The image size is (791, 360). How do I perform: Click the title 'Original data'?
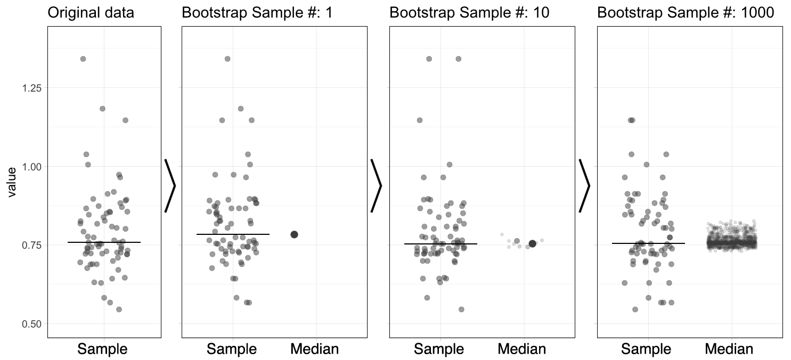pos(91,13)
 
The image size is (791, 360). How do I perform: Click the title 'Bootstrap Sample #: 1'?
pos(257,13)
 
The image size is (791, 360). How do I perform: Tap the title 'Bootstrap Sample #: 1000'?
pos(686,13)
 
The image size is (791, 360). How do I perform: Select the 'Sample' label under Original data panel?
pos(102,349)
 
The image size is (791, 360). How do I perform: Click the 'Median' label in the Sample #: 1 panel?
pos(314,349)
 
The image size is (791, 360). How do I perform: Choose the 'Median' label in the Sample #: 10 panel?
pos(522,349)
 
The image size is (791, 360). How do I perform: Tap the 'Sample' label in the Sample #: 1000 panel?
pos(646,349)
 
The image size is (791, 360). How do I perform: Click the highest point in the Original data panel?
pos(83,59)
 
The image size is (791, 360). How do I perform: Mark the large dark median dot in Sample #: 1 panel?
pos(294,234)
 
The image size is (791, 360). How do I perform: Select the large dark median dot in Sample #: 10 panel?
pos(532,243)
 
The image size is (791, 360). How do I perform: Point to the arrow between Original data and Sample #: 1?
pos(170,185)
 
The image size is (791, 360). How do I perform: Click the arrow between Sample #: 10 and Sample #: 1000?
pos(584,185)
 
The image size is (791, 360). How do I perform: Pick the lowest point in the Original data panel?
pos(119,309)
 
